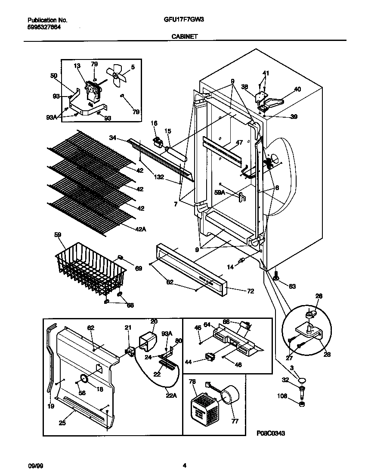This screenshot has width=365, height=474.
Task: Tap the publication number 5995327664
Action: pos(44,27)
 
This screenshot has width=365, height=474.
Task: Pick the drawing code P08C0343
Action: pos(271,433)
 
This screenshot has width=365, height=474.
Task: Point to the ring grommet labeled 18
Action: pos(84,379)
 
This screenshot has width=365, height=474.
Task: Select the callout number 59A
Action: pos(220,193)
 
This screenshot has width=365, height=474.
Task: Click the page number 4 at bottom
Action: pos(185,465)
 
